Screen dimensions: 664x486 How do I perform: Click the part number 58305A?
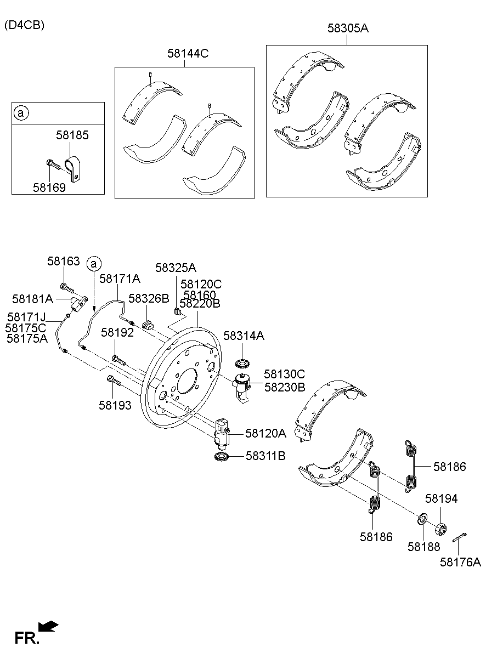coord(348,29)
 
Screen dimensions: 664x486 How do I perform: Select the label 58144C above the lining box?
coord(188,53)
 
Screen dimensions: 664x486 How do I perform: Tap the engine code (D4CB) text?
coord(24,25)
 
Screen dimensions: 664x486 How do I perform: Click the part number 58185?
coord(72,134)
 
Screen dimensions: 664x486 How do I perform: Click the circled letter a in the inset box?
coord(21,113)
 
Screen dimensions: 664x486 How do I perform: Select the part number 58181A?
coord(32,299)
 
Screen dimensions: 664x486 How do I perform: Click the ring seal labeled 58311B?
coord(222,457)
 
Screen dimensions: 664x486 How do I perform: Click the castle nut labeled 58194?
coord(439,529)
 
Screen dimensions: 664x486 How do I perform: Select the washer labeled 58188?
coord(423,518)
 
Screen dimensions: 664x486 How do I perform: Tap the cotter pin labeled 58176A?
coord(460,537)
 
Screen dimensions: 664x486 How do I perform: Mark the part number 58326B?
coord(149,298)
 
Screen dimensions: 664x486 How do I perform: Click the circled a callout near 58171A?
coord(94,264)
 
